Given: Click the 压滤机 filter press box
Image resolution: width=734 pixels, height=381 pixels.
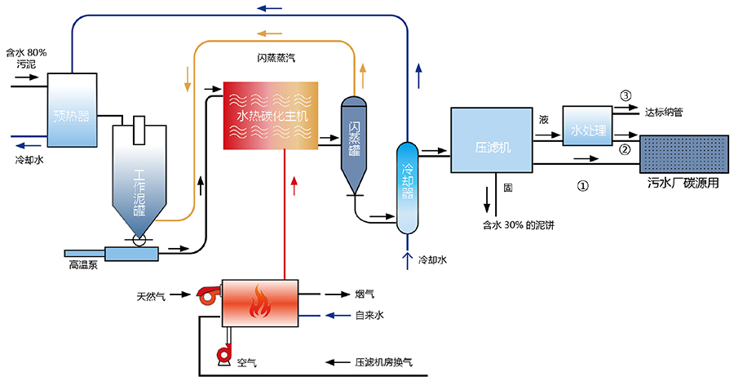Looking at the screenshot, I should coord(491,140).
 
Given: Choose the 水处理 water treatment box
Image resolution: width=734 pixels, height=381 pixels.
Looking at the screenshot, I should coord(587,126).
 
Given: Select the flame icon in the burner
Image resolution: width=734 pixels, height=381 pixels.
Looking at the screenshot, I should coord(259,303).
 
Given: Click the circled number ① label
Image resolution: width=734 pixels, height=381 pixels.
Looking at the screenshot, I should coord(582,185).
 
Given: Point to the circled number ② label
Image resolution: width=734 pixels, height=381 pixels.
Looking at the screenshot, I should coord(626,149).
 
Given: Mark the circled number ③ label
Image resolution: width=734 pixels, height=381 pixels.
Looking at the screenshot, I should coord(626,95).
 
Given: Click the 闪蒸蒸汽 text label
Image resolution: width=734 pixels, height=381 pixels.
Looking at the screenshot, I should coord(276,58).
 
